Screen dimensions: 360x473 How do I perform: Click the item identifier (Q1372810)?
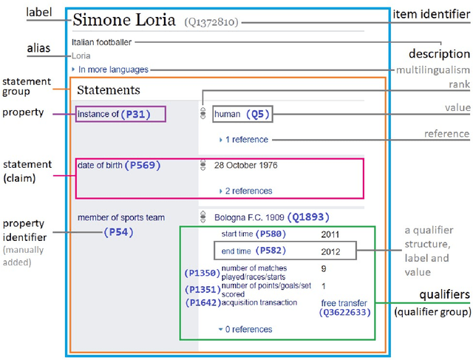[x=211, y=23]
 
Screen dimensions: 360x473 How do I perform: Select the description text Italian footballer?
[x=102, y=42]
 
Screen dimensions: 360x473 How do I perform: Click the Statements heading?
[x=108, y=90]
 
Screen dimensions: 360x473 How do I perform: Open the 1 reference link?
[x=248, y=139]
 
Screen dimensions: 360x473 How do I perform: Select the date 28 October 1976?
[x=245, y=165]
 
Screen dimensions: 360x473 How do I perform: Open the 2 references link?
[x=250, y=191]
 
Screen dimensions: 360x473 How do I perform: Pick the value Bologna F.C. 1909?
[x=251, y=217]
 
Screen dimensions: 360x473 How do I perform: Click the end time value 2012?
[x=330, y=251]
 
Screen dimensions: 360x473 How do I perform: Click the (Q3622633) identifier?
[x=345, y=313]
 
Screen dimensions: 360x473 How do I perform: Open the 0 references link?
[x=248, y=329]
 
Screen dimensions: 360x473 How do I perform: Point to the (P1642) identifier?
[x=202, y=302]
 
